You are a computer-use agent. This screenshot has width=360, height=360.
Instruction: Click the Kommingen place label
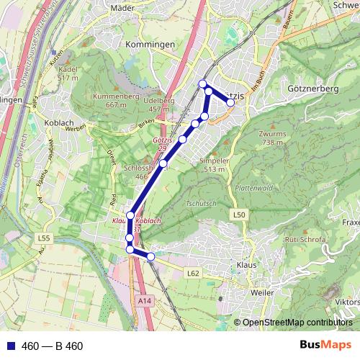pos(150,45)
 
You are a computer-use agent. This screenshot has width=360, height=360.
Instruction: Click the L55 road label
pos(45,238)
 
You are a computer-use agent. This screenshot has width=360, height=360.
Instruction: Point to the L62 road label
pos(192,274)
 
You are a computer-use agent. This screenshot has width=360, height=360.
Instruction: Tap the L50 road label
pos(240,215)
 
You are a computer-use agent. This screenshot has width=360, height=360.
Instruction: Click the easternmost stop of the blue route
pos(230,103)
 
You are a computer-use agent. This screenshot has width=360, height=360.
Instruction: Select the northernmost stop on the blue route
pos(204,83)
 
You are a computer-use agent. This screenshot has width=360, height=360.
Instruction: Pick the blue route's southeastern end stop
pos(150,256)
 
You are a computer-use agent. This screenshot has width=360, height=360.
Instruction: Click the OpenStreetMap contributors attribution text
pos(296,323)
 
